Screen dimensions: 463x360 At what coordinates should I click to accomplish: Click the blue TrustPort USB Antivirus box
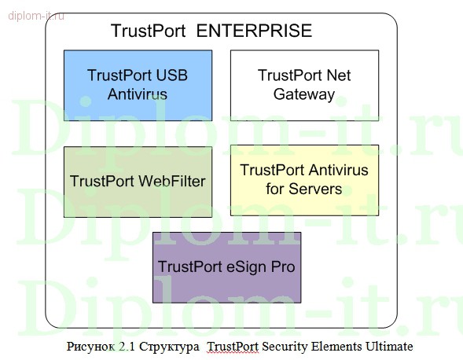click(138, 86)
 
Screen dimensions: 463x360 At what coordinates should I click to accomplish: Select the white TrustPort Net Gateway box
click(304, 86)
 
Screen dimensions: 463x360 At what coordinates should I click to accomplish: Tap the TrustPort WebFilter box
click(138, 182)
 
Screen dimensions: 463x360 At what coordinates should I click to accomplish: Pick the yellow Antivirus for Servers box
click(304, 180)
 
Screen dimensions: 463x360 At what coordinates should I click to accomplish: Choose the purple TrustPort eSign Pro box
click(226, 267)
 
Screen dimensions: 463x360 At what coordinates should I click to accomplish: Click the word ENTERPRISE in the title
click(254, 31)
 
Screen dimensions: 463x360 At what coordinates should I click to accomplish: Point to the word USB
click(171, 75)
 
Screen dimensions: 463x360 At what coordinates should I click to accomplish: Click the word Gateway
click(304, 94)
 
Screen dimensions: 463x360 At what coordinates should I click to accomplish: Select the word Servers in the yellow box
click(315, 189)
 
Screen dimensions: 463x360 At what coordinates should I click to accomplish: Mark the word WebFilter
click(172, 181)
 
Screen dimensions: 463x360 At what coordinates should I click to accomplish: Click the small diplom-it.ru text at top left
click(36, 16)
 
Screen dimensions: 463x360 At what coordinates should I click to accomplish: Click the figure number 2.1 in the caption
click(127, 346)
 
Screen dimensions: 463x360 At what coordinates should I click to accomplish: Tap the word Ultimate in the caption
click(389, 346)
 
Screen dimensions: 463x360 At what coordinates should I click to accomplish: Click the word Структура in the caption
click(169, 347)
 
